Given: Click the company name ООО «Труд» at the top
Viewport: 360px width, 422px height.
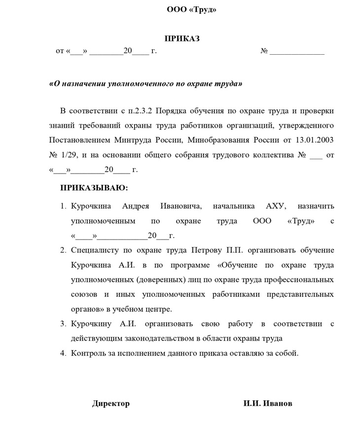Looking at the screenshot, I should point(192,10).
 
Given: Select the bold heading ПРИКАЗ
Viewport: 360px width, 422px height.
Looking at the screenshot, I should point(182,39).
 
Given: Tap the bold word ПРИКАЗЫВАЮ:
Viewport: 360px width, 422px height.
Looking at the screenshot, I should point(94,188).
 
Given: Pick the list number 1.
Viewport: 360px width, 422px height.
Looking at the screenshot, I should point(63,206).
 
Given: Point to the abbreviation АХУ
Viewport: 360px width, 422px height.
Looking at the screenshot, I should point(276,206).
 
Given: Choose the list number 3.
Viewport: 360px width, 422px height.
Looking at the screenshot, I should point(63,324).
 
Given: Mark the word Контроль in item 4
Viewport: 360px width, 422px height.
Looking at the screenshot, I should point(88,353).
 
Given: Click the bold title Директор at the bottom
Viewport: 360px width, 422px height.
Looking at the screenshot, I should point(111,404).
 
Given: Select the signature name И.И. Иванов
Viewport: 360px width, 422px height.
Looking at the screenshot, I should point(268,404).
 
